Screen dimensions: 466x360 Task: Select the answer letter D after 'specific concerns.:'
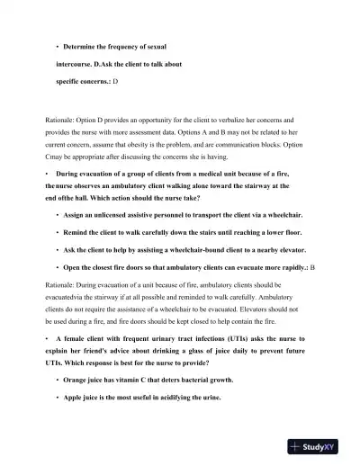point(114,81)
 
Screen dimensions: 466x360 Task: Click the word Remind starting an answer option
point(78,233)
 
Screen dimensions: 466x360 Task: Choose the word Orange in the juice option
point(77,381)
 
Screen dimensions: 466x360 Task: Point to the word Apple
point(76,398)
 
